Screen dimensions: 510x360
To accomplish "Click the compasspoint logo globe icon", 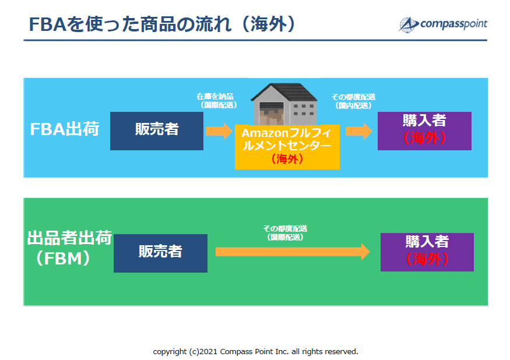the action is [408, 24].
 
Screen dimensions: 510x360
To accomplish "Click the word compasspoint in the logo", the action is [453, 24].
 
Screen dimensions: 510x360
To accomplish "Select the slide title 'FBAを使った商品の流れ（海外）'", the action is [162, 24].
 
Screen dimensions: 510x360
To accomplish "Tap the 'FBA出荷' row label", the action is [64, 129].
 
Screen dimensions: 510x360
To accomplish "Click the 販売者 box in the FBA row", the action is [157, 131].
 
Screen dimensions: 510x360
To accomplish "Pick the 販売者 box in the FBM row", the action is [160, 253].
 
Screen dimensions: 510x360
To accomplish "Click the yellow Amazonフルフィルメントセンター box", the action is [287, 147].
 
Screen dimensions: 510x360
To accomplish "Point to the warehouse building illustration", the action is [284, 104].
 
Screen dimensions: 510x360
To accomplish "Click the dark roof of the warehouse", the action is [284, 91].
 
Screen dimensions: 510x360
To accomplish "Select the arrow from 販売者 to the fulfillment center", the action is [219, 131].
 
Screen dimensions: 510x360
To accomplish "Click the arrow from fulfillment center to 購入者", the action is [359, 131].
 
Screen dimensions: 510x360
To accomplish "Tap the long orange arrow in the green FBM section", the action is [293, 252].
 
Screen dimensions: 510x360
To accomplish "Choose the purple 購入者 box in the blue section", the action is [424, 131].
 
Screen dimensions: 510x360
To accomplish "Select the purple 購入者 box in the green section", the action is [427, 252].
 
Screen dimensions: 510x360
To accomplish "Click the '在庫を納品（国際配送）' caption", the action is [216, 101].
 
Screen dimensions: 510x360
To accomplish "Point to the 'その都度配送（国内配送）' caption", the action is [353, 101].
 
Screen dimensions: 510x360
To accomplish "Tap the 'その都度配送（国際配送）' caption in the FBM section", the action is [285, 233].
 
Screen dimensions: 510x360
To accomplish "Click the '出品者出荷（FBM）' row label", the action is [69, 248].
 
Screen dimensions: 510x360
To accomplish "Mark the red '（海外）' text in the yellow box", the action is [287, 159].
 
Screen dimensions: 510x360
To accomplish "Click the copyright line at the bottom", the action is [255, 351].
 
